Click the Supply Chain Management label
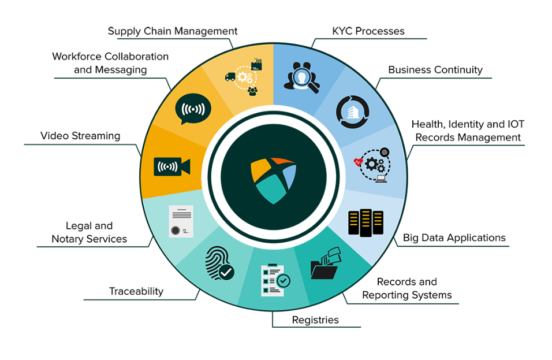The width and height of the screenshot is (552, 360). pos(173,31)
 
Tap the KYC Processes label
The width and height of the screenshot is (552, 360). pos(368,31)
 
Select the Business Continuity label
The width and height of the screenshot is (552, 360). pos(435,70)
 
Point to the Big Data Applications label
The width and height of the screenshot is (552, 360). pos(454,237)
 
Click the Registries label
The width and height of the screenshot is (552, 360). pos(315,320)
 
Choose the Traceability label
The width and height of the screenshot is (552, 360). pos(136,291)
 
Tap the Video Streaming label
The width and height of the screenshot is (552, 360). pos(80,136)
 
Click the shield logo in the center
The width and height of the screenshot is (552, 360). pos(273,179)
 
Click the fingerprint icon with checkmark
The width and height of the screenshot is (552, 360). pos(219,264)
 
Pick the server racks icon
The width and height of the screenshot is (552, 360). pos(365,222)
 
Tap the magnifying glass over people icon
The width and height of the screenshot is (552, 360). pos(300,78)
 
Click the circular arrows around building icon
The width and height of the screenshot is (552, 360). pos(348,112)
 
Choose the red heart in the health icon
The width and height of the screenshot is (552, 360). pos(360,162)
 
